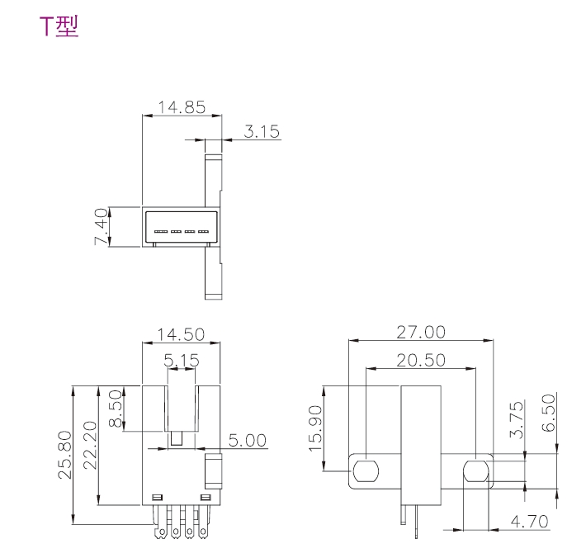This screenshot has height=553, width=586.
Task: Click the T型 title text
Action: pos(59,27)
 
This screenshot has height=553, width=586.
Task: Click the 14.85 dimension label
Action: pos(182,107)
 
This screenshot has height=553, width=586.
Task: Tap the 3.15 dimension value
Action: pos(262,131)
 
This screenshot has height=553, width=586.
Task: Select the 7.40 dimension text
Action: pos(102,226)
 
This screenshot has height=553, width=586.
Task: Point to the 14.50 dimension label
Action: pos(182,335)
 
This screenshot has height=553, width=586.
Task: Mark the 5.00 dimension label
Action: pos(247,441)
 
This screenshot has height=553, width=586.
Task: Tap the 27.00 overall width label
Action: pos(421,332)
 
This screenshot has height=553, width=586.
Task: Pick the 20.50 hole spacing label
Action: pos(421,360)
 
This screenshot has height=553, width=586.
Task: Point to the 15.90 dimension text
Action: pos(314,424)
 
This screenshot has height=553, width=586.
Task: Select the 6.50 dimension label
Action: pos(549,412)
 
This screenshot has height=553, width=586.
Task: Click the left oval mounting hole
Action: pos(366,472)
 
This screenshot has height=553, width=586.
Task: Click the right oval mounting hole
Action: pos(476,472)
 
